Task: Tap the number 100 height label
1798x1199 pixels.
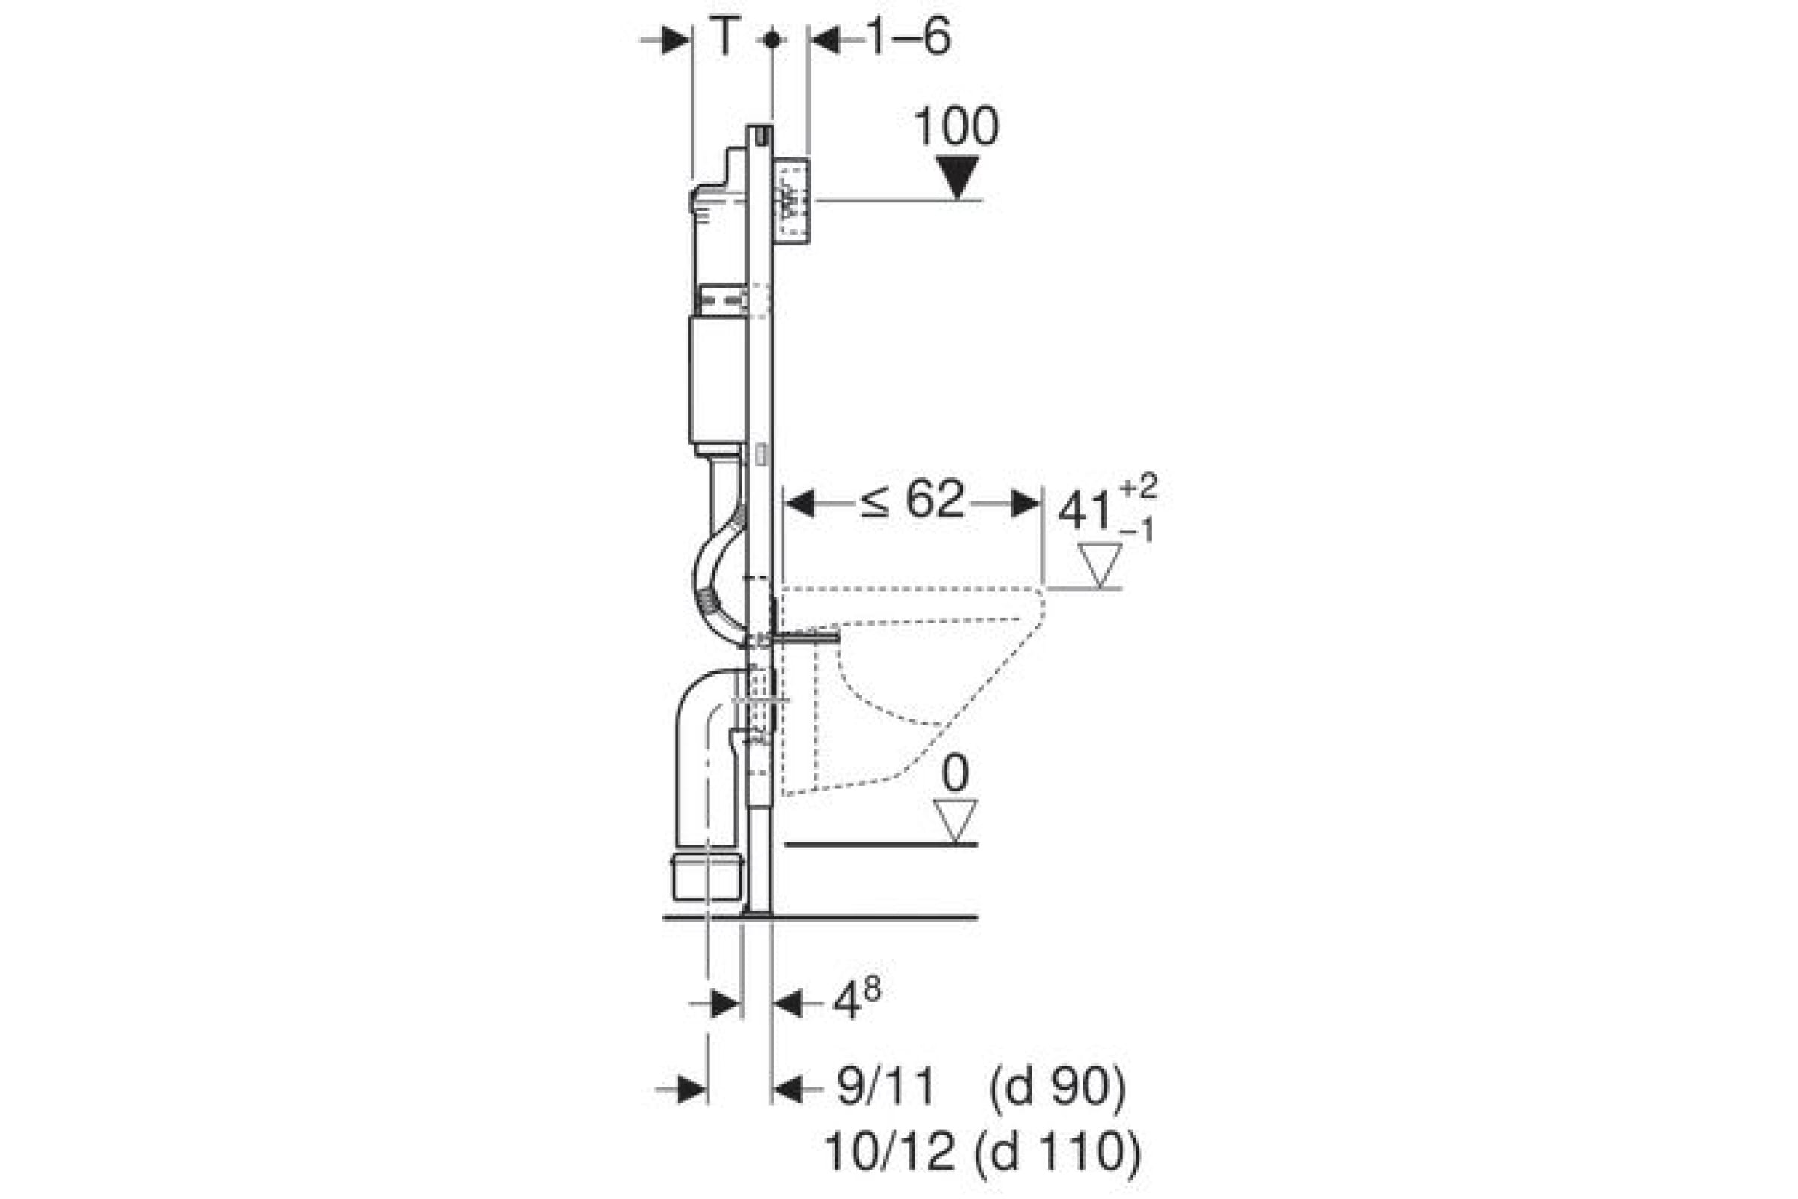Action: click(x=957, y=127)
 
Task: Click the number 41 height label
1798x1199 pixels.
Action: click(x=1085, y=510)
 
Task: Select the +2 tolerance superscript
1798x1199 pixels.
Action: click(x=1138, y=486)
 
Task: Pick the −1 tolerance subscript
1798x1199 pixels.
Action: click(x=1137, y=530)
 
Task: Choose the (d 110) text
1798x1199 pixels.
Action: click(x=1058, y=1153)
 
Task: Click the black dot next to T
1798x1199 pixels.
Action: click(x=772, y=39)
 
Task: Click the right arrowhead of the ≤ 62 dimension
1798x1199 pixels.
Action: click(x=1026, y=504)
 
